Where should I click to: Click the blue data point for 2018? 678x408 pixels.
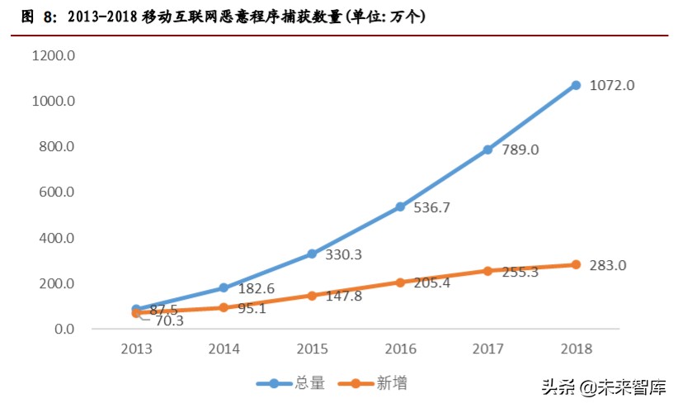click(x=576, y=85)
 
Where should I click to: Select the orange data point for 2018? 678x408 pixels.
click(x=576, y=265)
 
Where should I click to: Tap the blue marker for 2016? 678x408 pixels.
click(x=400, y=206)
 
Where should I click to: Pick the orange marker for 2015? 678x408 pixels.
click(x=312, y=296)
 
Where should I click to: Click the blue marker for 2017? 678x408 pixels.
click(x=487, y=149)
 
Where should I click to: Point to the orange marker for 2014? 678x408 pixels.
click(x=224, y=307)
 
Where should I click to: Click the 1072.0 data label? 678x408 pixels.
click(x=612, y=86)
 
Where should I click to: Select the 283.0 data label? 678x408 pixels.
click(x=608, y=266)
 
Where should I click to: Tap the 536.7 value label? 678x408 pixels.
click(x=433, y=208)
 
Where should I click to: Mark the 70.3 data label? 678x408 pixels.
click(x=167, y=320)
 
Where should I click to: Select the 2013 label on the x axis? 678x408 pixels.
click(x=135, y=349)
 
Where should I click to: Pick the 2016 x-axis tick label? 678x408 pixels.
click(x=400, y=349)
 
